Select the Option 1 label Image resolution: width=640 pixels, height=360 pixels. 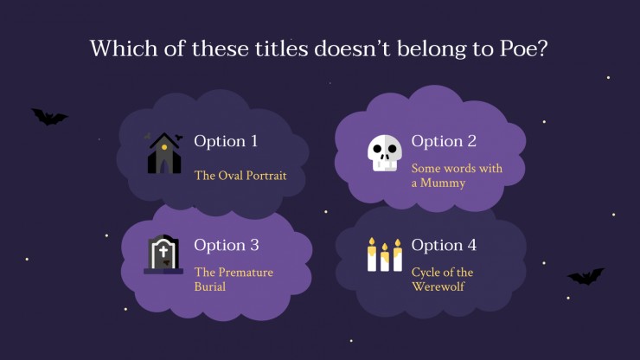226,141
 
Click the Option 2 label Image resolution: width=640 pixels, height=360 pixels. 444,141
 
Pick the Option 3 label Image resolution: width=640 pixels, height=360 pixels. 226,245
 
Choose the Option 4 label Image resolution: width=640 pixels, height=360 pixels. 444,245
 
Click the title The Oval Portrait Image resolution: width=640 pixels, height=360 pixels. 240,176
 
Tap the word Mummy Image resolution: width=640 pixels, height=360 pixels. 443,183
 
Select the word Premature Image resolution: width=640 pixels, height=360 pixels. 246,272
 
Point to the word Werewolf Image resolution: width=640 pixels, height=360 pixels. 438,286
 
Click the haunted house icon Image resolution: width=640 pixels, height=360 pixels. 164,153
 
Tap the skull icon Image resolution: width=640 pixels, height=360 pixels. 384,153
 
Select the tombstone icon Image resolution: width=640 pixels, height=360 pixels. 163,254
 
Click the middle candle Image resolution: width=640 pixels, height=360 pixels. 385,257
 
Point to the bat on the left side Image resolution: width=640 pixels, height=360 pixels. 49,117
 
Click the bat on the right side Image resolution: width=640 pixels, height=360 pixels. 586,277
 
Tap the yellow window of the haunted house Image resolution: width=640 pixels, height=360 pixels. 164,147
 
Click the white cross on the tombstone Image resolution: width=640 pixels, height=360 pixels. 163,251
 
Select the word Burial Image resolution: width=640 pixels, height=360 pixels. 210,286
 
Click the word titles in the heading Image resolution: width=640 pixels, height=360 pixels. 282,48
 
